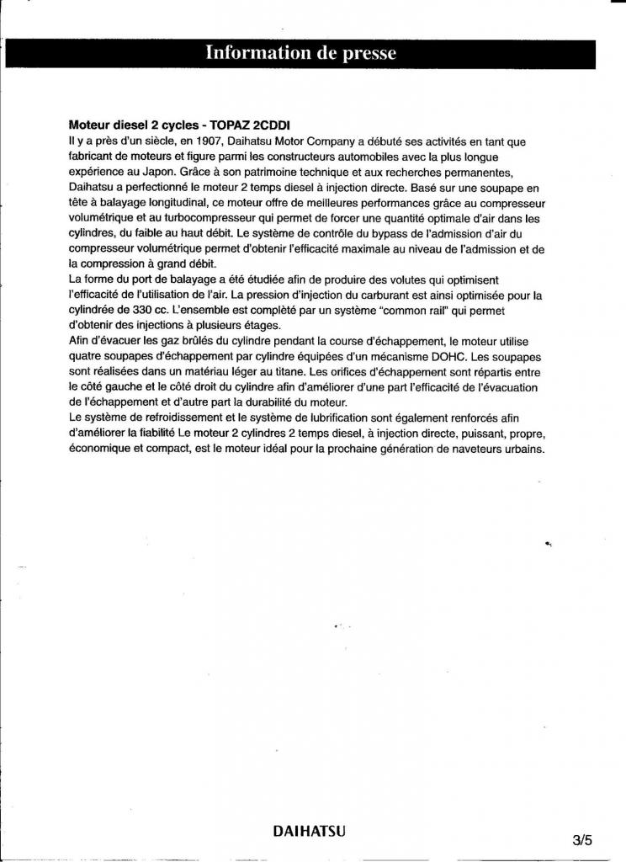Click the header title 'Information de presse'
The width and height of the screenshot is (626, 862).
click(300, 53)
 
